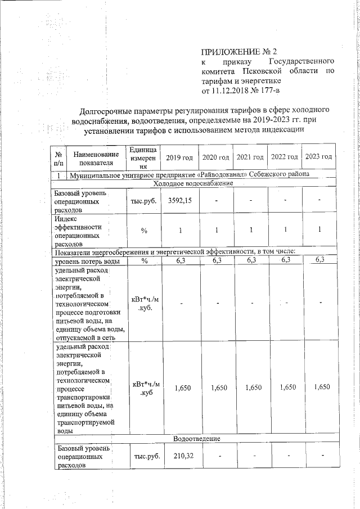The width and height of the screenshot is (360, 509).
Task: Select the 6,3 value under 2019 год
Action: point(180,261)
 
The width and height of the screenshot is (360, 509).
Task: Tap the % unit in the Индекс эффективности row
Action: point(145,230)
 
